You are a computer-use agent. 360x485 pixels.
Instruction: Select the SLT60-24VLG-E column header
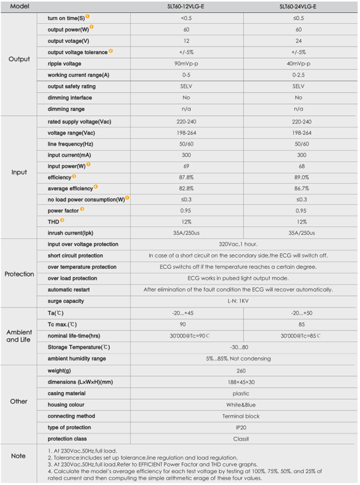click(299, 7)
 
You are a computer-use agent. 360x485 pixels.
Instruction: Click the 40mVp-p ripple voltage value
click(299, 64)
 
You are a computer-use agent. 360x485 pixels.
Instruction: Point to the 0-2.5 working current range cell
click(299, 75)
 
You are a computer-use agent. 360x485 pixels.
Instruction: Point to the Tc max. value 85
click(299, 324)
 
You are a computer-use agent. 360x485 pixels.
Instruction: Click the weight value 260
click(241, 370)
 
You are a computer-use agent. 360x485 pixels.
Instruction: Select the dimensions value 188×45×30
click(241, 382)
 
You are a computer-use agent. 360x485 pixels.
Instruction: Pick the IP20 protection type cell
click(241, 427)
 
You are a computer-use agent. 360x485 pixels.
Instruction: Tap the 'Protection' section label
click(19, 274)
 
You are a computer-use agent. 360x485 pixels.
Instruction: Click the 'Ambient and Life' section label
click(19, 336)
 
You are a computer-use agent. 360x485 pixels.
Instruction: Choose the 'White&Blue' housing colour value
click(241, 405)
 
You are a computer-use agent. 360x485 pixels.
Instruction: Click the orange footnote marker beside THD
click(62, 220)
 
